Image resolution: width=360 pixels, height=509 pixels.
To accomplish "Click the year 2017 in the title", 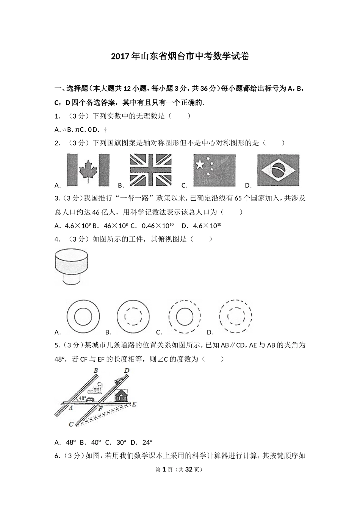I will pos(120,57).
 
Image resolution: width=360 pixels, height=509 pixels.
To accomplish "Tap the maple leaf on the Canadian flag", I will pos(88,170).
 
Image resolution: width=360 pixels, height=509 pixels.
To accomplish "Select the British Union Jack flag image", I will pos(150,170).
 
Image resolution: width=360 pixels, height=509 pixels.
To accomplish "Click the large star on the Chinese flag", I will pos(199,164).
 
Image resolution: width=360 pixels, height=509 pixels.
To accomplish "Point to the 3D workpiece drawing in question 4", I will pos(72,267).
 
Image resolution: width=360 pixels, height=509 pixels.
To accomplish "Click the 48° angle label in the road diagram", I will pos(82,398).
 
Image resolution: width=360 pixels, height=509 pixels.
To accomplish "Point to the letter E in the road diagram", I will pos(133,404).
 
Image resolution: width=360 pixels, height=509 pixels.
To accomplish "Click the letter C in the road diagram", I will pos(71,425).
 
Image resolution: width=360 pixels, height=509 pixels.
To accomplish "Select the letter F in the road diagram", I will pos(100,409).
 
